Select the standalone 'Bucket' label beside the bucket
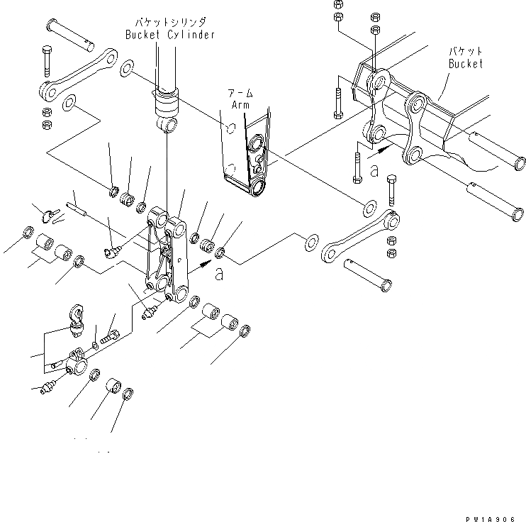pos(465,64)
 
